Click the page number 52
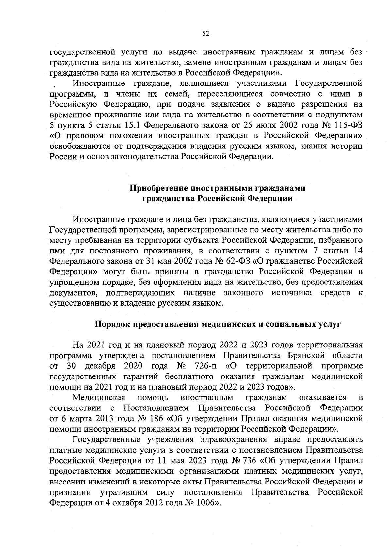(206, 33)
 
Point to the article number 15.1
(133, 125)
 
